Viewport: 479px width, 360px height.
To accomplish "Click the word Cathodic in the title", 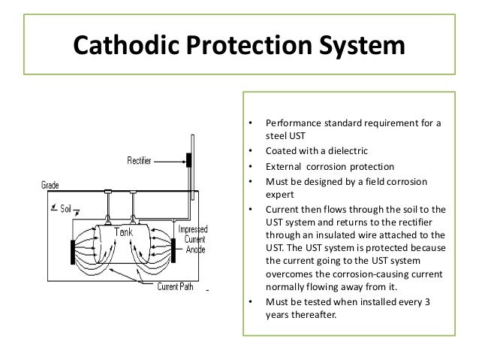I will [126, 46].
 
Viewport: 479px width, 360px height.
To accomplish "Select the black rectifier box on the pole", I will [188, 159].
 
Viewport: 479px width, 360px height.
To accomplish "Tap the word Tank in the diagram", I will [122, 232].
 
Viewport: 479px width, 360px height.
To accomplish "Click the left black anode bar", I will [72, 253].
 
